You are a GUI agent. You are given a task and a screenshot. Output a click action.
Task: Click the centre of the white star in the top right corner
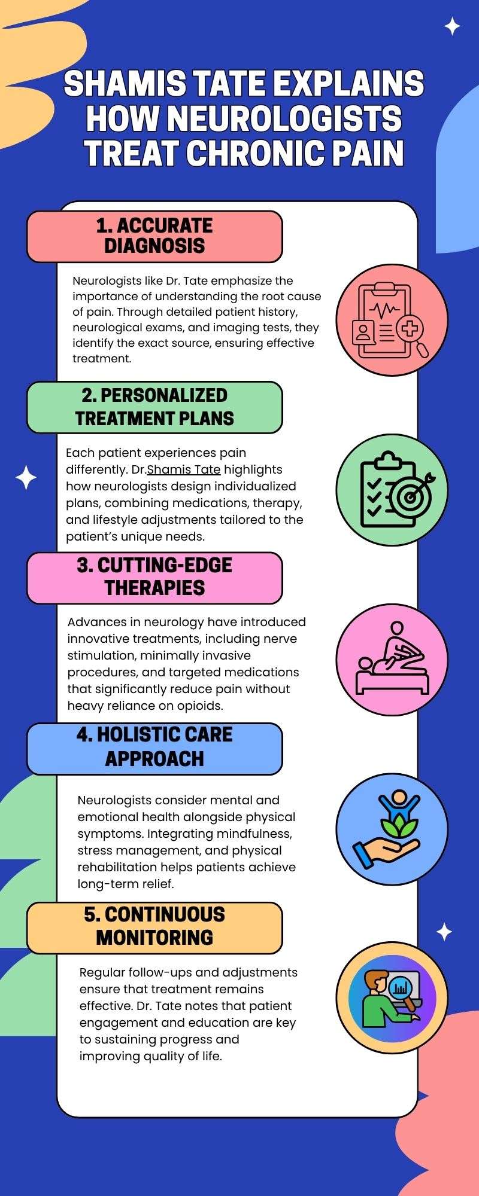pyautogui.click(x=452, y=26)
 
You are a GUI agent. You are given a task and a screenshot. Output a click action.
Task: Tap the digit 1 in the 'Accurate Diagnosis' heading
pyautogui.click(x=101, y=225)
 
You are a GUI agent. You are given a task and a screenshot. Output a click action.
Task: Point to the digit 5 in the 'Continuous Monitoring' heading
pyautogui.click(x=90, y=914)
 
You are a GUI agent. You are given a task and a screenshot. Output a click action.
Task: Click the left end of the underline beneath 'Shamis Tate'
pyautogui.click(x=147, y=476)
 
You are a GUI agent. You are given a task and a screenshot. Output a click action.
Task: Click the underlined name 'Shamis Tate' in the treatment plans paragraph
pyautogui.click(x=184, y=469)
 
